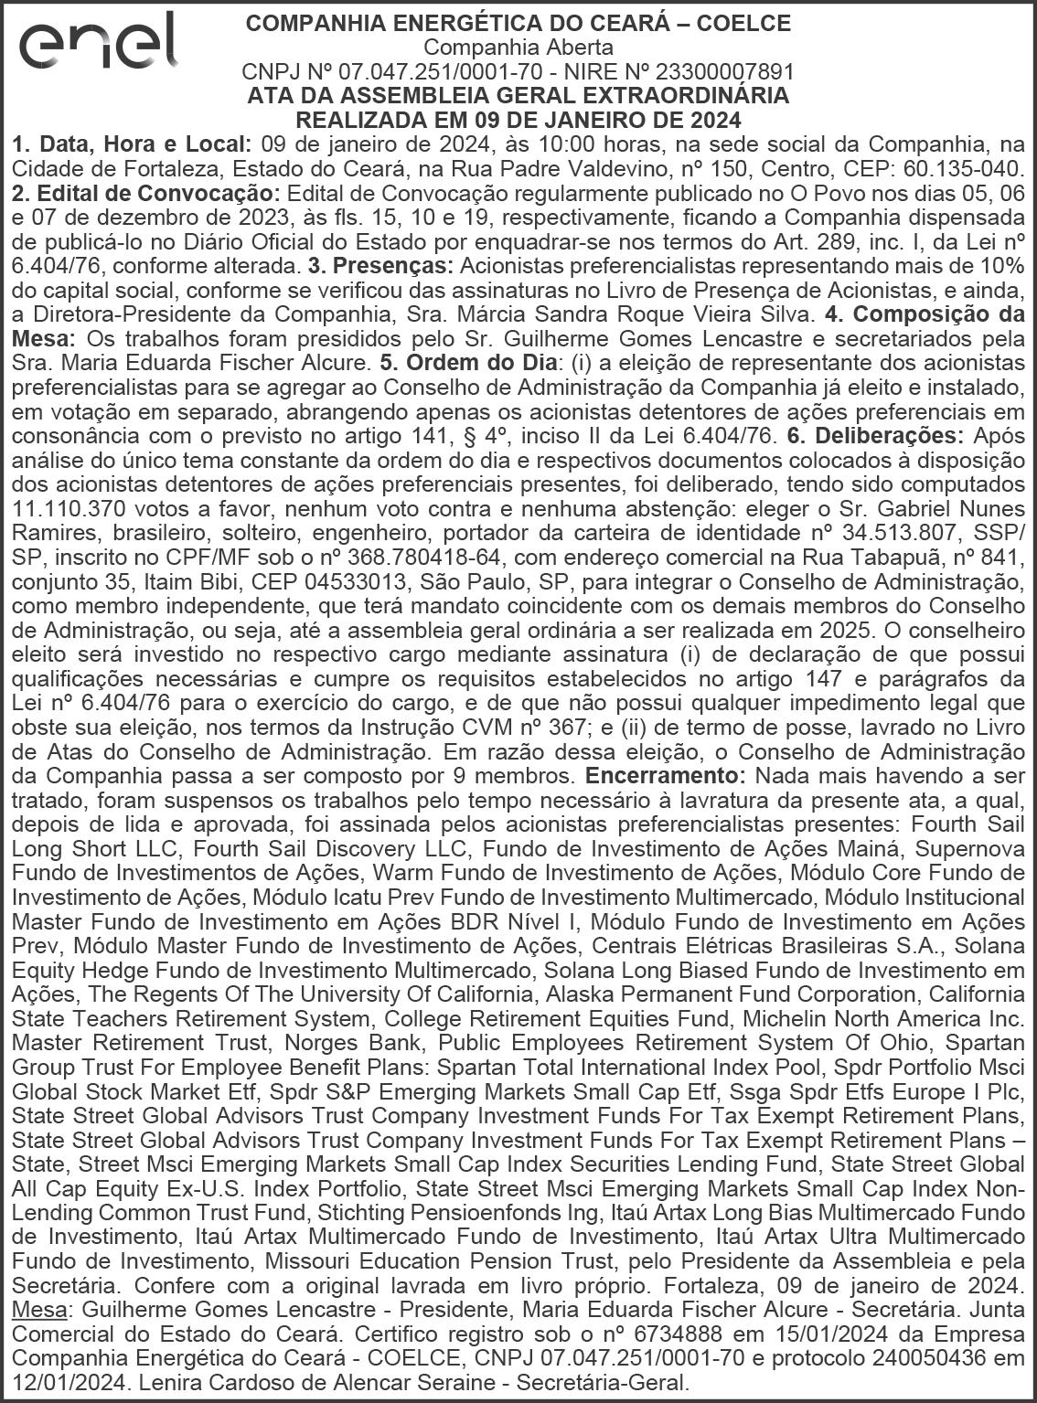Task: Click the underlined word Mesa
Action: pos(38,1310)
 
